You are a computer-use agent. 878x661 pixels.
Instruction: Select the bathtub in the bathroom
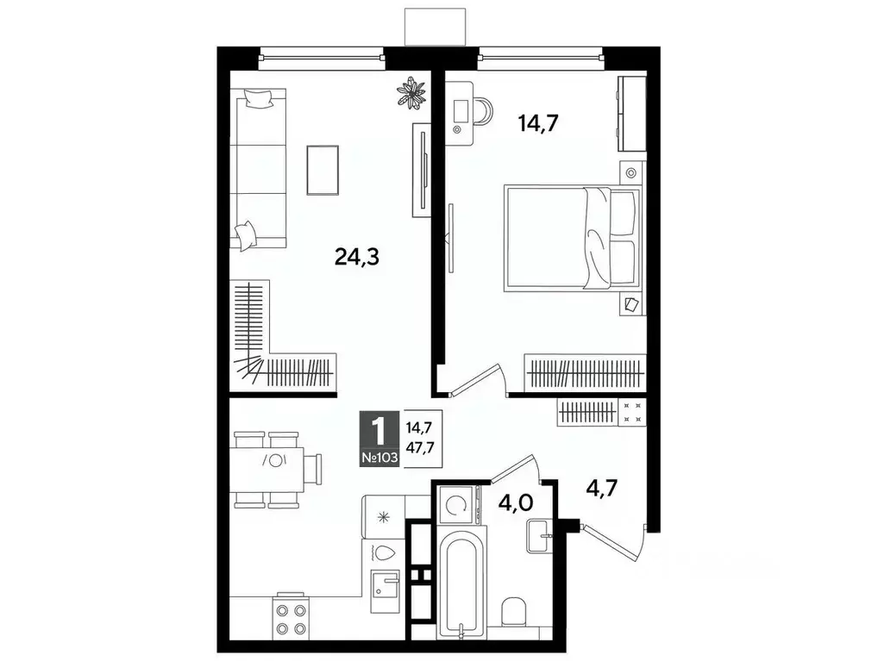pos(461,586)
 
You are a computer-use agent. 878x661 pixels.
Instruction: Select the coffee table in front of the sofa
pos(323,169)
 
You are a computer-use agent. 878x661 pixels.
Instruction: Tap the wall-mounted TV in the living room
pos(421,170)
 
